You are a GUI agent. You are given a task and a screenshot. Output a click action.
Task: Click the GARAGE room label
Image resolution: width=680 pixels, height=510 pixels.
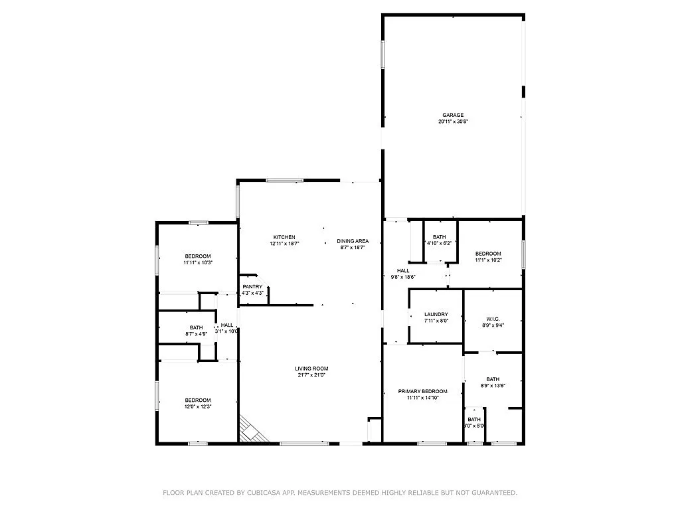pos(454,115)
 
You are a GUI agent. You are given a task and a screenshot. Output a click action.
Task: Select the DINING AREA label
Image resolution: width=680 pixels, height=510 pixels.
pos(353,241)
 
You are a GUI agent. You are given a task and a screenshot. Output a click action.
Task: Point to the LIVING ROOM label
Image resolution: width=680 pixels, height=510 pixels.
pos(311,369)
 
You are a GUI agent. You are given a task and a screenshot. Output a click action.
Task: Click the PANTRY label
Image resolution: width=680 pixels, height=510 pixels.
pos(252,287)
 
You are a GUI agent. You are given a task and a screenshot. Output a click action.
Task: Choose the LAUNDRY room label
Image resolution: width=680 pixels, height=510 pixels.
pos(436,314)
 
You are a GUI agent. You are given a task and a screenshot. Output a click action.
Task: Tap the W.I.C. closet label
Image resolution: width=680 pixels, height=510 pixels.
pos(492,319)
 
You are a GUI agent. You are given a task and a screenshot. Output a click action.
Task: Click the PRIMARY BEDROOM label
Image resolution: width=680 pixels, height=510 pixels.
pos(422,391)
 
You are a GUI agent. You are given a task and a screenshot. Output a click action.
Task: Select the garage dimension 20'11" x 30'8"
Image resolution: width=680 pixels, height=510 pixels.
pos(454,122)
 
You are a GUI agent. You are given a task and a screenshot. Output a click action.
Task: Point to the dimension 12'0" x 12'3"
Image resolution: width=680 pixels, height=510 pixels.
pos(198,407)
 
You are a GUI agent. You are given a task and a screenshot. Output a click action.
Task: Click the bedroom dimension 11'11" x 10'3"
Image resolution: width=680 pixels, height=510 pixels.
pos(198,263)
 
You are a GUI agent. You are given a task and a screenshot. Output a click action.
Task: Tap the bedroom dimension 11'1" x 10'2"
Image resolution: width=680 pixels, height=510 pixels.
pos(488,260)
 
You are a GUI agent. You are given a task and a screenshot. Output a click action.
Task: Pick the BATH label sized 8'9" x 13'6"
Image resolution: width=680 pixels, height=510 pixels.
pos(493,379)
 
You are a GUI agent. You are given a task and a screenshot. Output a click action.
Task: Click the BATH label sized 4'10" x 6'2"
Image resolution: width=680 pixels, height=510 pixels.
pos(440,237)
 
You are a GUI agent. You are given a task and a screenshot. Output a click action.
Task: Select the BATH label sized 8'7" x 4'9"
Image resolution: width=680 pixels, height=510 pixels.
pos(196,327)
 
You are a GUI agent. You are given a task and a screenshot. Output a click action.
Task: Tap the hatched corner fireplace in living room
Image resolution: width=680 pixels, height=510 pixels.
pos(252,430)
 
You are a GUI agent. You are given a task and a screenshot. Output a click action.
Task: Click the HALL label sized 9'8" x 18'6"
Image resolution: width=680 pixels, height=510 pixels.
pos(403,270)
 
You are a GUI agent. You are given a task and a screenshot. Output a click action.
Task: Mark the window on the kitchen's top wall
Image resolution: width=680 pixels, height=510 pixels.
pos(285,180)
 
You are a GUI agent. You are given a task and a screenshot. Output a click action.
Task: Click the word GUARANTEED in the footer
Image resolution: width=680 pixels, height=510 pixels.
pos(495,493)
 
